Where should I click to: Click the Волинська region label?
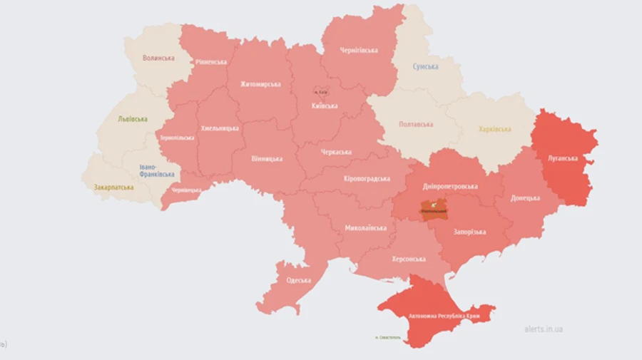tap(158, 58)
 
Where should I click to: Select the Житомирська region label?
tap(260, 84)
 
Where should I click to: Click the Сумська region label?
tap(426, 66)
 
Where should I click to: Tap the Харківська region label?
tap(494, 129)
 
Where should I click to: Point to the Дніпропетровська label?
tap(450, 186)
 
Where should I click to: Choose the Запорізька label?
tap(470, 232)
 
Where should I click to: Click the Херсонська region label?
tap(408, 259)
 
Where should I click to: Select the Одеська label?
tap(299, 280)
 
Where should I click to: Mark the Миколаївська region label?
tap(366, 228)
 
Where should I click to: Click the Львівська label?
tap(133, 119)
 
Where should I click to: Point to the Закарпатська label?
tap(113, 187)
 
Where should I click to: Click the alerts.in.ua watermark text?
tap(543, 329)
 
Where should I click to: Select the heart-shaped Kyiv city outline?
tap(322, 92)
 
